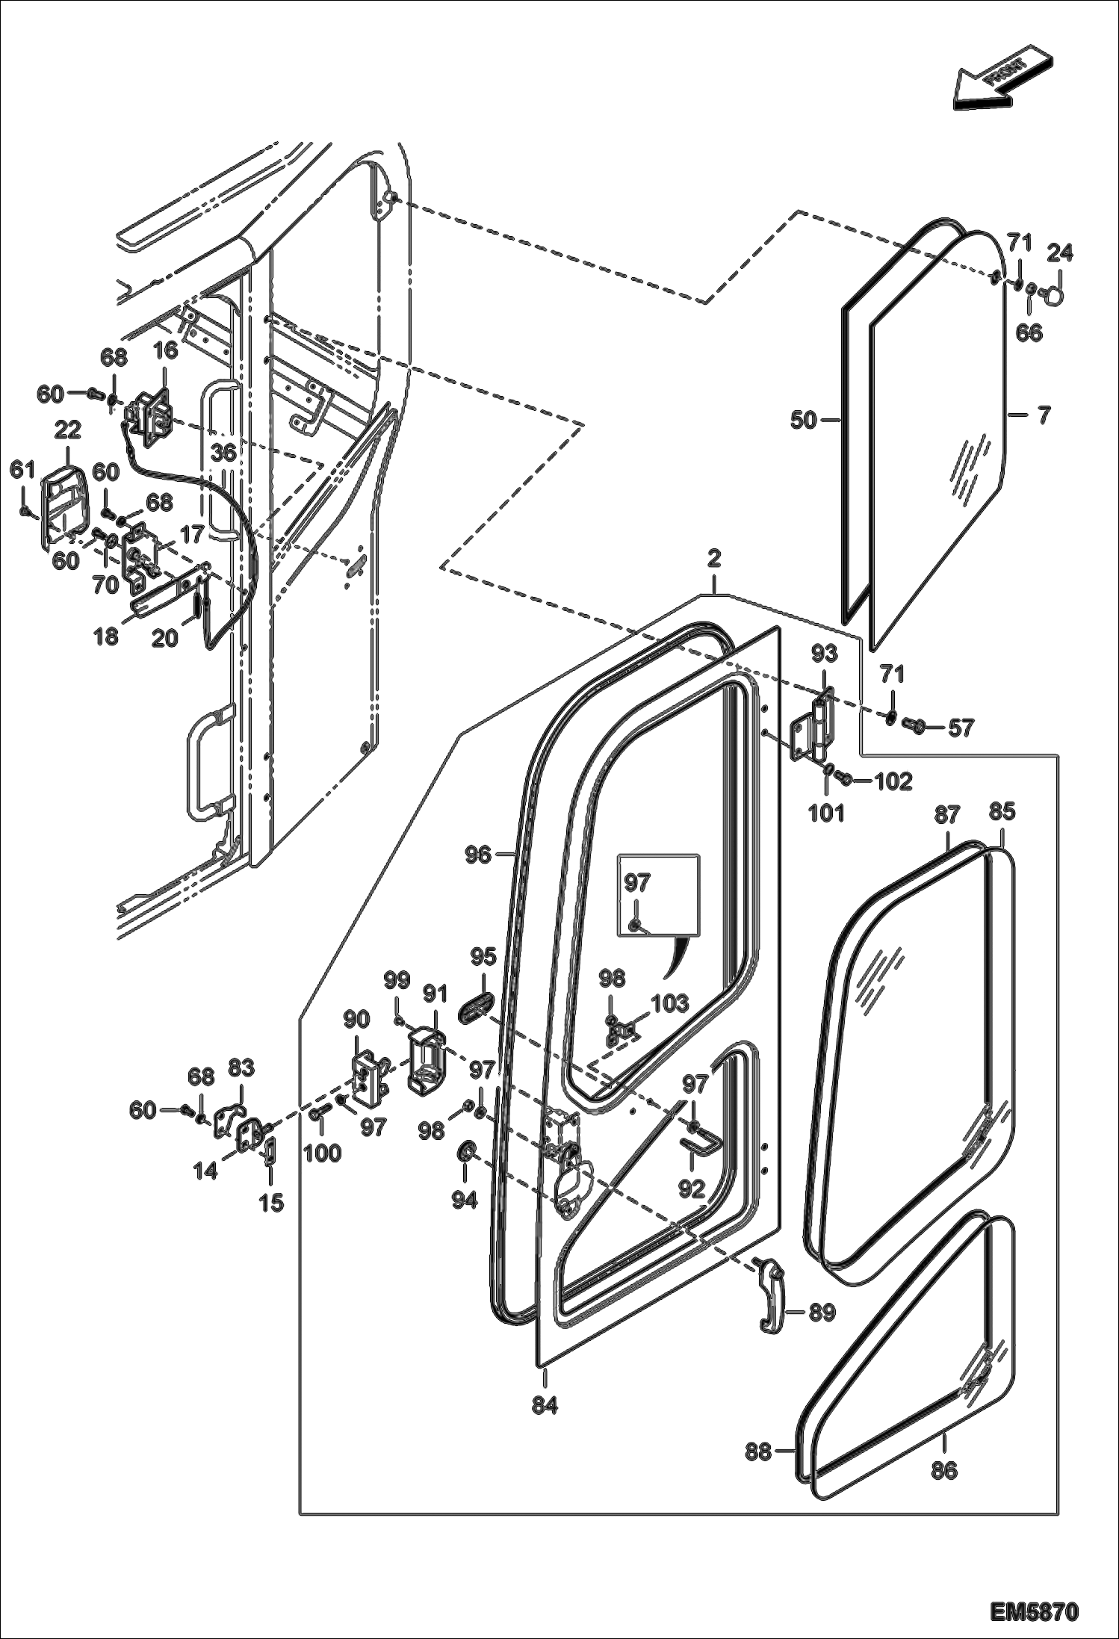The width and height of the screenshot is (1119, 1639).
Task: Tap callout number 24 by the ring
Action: pos(1059,255)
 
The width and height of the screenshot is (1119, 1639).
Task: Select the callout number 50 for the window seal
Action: pos(804,421)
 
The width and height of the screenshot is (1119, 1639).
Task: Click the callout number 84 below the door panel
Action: pos(545,1404)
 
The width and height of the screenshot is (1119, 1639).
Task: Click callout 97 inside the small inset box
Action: pos(637,884)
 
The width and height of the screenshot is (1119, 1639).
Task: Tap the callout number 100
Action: pos(322,1153)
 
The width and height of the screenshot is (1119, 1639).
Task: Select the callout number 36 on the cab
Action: pos(223,453)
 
